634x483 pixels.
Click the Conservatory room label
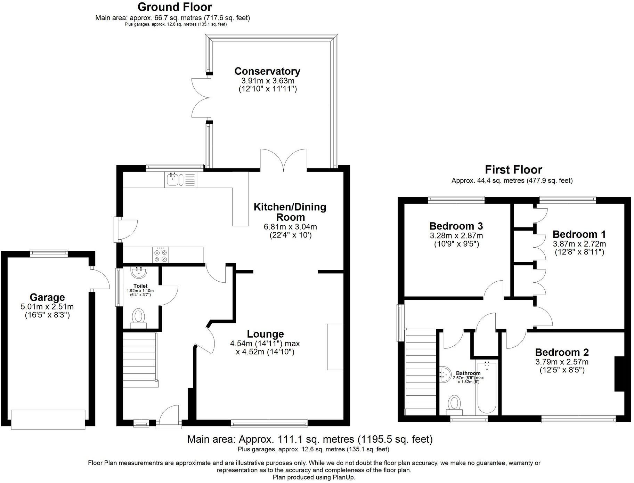pyautogui.click(x=267, y=71)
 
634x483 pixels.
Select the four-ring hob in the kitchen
pyautogui.click(x=160, y=255)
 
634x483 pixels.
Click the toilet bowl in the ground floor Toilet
pyautogui.click(x=139, y=317)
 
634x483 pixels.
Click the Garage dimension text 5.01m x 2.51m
pyautogui.click(x=47, y=307)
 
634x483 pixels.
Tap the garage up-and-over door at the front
pyautogui.click(x=48, y=419)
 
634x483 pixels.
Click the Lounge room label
pyautogui.click(x=265, y=334)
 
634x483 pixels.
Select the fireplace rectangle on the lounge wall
pyautogui.click(x=335, y=347)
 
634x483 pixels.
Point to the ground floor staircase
pyautogui.click(x=140, y=359)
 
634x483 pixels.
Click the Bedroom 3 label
pyautogui.click(x=456, y=226)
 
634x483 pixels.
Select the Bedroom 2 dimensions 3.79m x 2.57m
pyautogui.click(x=562, y=362)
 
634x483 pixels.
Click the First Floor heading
pyautogui.click(x=513, y=170)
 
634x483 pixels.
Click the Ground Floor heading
pyautogui.click(x=174, y=7)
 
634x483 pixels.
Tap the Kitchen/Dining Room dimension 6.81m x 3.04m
pyautogui.click(x=290, y=227)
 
